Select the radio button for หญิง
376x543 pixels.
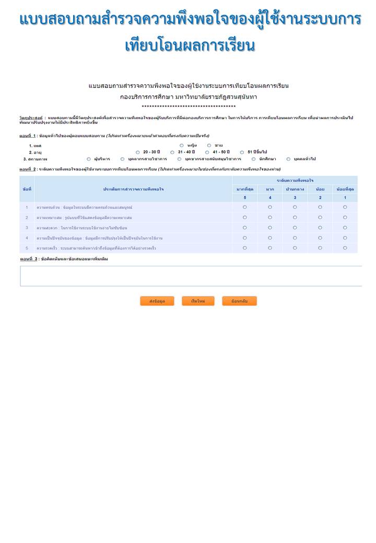tap(182, 145)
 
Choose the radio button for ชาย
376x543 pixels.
tap(209, 145)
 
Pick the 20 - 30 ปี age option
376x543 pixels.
tap(138, 152)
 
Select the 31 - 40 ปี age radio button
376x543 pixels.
tap(172, 152)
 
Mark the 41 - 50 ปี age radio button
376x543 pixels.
tap(207, 152)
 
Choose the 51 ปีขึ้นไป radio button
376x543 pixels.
tap(242, 152)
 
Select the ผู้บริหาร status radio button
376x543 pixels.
tap(89, 159)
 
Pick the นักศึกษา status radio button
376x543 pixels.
tap(254, 159)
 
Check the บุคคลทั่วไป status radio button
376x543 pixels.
tap(288, 159)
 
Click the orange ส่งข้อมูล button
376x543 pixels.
tap(157, 301)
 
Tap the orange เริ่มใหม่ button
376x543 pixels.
tap(198, 301)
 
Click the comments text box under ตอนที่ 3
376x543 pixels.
tap(191, 276)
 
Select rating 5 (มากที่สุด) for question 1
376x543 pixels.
tap(245, 207)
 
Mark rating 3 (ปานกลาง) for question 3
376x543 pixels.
tap(295, 228)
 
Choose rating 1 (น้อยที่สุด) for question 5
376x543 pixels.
tap(345, 248)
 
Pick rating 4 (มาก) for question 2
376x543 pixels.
tap(270, 217)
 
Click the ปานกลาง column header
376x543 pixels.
tap(295, 189)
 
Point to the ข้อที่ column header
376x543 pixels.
tap(27, 189)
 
